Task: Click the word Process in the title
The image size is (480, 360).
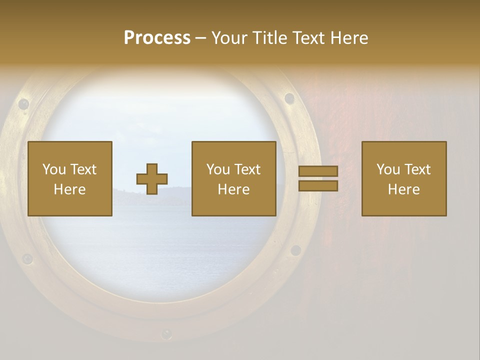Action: pos(157,38)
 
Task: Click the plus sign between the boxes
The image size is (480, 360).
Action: pos(152,179)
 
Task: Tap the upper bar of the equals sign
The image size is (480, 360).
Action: pos(318,171)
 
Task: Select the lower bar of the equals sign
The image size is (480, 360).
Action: pos(318,186)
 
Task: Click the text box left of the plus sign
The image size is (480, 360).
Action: pos(70,178)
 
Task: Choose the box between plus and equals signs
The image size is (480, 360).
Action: pos(234,178)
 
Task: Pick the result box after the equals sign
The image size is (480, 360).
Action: pos(404,178)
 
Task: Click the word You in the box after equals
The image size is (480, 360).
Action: pos(387,169)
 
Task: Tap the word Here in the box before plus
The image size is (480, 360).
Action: pos(70,189)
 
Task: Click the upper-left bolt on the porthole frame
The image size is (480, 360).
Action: pos(23,104)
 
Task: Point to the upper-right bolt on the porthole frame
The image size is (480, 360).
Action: pos(289,98)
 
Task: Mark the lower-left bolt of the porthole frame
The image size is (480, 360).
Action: pos(27,259)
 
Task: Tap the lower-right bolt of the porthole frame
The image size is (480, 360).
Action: pos(296,250)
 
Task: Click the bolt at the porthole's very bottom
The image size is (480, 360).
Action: pos(166,333)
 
